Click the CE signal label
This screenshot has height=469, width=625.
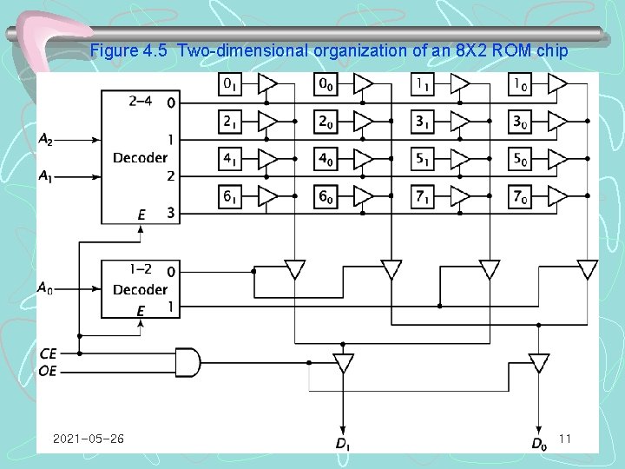tap(49, 353)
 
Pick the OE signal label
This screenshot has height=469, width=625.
tap(49, 371)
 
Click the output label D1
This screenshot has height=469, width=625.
tap(342, 445)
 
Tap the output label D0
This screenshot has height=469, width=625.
tap(539, 445)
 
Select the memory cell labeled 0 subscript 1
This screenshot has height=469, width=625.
tap(231, 84)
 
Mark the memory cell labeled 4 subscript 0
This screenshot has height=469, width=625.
tap(326, 160)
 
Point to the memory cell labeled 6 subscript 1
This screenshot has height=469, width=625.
tap(231, 197)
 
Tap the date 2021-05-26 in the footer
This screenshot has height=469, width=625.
tap(88, 439)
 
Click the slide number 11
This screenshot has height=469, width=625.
tap(564, 439)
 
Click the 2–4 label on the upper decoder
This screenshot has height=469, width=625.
tap(140, 101)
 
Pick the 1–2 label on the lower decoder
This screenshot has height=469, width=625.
tap(140, 271)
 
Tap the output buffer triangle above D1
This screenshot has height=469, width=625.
tap(344, 363)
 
